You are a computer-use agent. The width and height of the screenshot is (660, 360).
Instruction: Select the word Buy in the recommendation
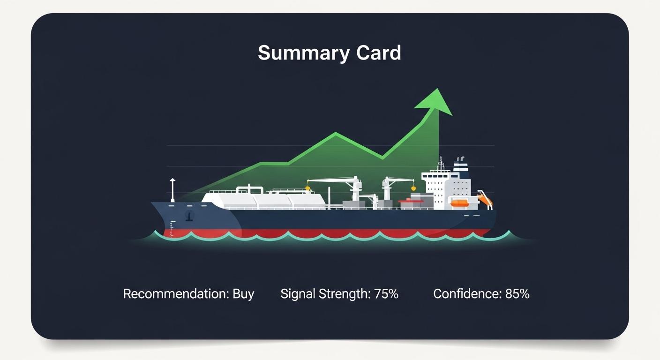tap(243, 294)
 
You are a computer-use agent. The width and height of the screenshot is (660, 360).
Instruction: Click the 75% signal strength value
tap(386, 294)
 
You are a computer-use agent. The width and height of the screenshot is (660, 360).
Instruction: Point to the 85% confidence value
tap(517, 294)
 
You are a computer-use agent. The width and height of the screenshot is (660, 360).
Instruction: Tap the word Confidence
tap(467, 294)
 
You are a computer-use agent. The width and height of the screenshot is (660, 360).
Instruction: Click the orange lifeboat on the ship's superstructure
tap(459, 203)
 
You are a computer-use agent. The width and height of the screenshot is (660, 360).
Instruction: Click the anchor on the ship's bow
tap(189, 216)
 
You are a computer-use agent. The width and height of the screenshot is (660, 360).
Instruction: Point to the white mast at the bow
tap(172, 190)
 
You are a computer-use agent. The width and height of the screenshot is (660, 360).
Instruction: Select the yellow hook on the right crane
tap(414, 188)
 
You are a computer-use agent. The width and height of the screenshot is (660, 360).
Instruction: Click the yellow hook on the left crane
tap(307, 189)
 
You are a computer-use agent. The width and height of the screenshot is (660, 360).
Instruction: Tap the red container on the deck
tap(411, 202)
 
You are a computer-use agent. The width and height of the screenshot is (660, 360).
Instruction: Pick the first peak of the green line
tap(336, 134)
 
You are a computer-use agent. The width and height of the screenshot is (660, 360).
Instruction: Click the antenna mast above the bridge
tap(441, 164)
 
